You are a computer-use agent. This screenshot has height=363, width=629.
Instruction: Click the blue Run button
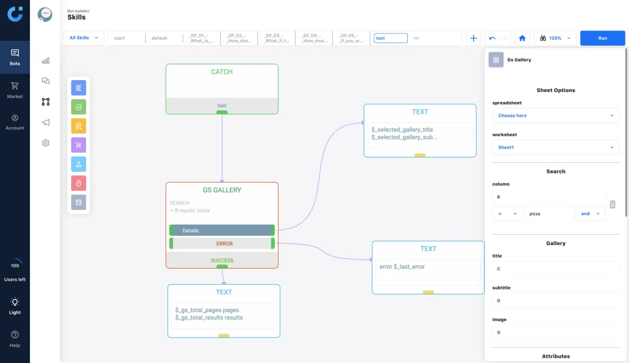(x=602, y=38)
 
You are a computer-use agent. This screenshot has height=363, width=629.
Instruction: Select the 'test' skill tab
(x=391, y=38)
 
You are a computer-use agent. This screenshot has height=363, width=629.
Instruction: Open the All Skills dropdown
(x=84, y=38)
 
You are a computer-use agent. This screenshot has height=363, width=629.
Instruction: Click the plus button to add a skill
(x=473, y=38)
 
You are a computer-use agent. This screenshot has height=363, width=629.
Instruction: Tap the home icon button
(x=522, y=38)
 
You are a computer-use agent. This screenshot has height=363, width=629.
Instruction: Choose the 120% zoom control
(x=555, y=38)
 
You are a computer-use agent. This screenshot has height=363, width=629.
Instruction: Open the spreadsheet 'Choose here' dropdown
(x=556, y=116)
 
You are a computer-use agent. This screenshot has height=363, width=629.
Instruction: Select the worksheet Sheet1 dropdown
(x=556, y=148)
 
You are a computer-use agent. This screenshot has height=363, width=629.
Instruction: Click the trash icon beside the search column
(x=612, y=204)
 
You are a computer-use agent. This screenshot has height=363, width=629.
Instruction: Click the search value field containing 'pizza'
(x=549, y=214)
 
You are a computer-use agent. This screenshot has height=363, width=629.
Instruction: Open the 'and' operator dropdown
(x=590, y=214)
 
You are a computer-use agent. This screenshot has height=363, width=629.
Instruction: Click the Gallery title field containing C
(x=556, y=269)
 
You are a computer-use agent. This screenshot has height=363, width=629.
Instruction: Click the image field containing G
(x=556, y=332)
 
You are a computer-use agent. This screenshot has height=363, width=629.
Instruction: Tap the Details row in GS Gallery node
(x=222, y=230)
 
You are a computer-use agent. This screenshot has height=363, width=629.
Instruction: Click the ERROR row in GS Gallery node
(x=222, y=244)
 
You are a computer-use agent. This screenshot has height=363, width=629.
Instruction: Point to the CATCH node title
(x=222, y=72)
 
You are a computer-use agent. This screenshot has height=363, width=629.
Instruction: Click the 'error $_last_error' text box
(x=428, y=272)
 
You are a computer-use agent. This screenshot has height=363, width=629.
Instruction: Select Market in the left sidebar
(x=15, y=90)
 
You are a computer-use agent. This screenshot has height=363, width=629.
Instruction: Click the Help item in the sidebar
(x=15, y=338)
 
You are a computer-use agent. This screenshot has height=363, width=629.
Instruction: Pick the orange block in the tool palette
(x=79, y=126)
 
